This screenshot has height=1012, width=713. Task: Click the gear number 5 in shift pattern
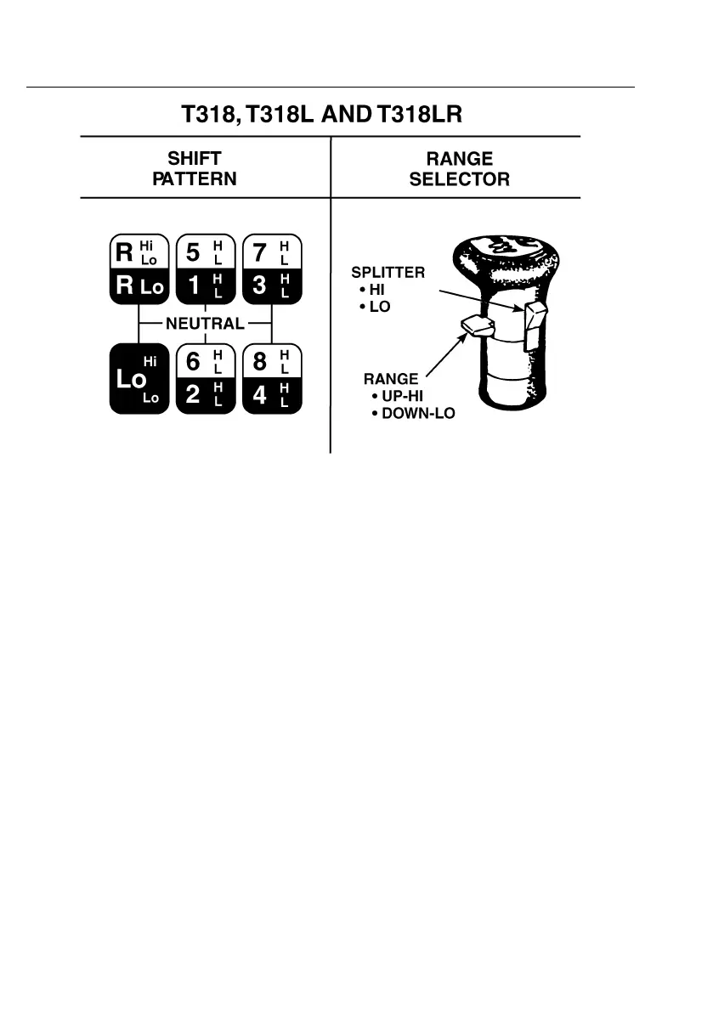click(x=194, y=252)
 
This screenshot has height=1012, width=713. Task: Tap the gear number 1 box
click(x=194, y=286)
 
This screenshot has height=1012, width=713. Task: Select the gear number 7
click(x=260, y=252)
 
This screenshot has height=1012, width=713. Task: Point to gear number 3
click(x=260, y=286)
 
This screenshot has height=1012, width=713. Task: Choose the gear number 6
click(x=194, y=362)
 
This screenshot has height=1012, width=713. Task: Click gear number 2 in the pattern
click(x=194, y=396)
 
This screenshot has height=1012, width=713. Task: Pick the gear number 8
click(x=260, y=362)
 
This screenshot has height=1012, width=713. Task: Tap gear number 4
click(x=260, y=396)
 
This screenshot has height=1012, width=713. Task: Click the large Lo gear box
click(x=138, y=379)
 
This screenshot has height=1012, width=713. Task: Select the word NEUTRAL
click(x=204, y=324)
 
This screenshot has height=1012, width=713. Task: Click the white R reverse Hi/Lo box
click(x=138, y=252)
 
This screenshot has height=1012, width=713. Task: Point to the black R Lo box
click(x=138, y=286)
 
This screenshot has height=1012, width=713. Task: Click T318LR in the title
click(x=419, y=114)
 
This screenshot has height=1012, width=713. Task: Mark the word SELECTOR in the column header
click(x=460, y=179)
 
